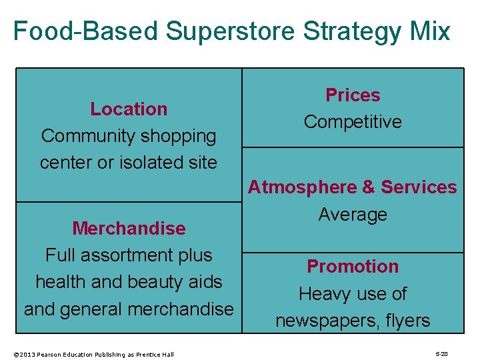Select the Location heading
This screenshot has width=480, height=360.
[x=129, y=109]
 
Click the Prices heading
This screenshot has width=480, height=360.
[x=353, y=95]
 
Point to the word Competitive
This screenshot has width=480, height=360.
[x=353, y=122]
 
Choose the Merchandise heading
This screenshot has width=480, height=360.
[x=129, y=229]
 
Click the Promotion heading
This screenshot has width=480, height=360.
[x=353, y=267]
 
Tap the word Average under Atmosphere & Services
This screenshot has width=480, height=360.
[x=353, y=215]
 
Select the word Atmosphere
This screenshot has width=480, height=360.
[x=301, y=188]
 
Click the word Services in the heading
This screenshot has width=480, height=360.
[x=419, y=188]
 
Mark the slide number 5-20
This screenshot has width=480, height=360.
[x=441, y=354]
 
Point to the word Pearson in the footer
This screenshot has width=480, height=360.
[x=53, y=354]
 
